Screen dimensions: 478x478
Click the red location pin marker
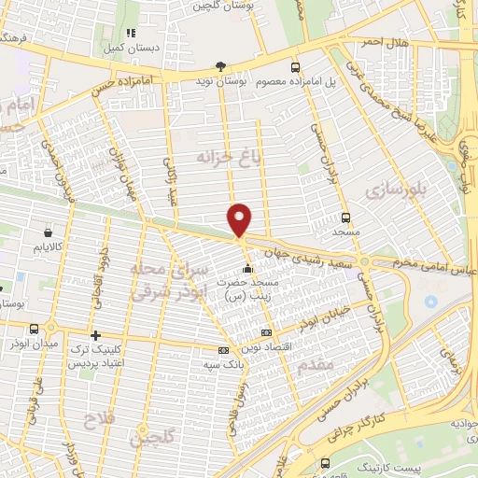tap(240, 218)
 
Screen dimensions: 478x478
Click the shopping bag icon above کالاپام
tap(48, 232)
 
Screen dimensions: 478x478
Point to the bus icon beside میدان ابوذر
tap(35, 328)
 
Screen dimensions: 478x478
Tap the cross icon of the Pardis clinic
tap(95, 335)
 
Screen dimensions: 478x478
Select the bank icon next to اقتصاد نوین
tap(266, 332)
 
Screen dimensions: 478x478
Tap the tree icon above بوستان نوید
tap(220, 66)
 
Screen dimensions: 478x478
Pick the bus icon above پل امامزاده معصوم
tap(295, 67)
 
